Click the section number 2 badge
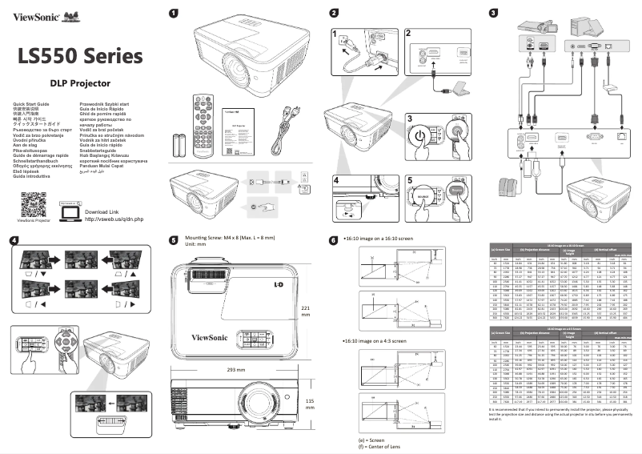point(334,12)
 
